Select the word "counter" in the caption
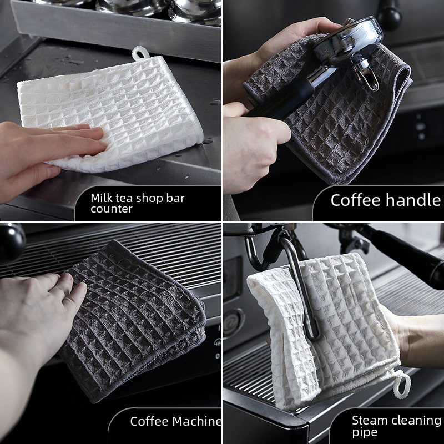112,209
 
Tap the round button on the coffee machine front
233,323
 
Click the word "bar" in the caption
175,198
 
